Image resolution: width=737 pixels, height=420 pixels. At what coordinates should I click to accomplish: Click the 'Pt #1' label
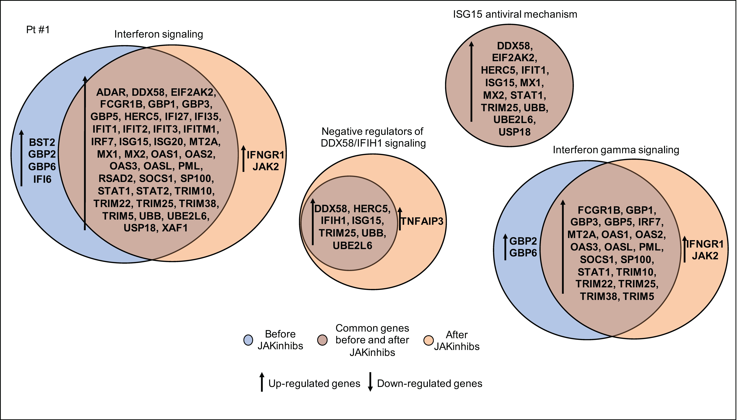pyautogui.click(x=38, y=30)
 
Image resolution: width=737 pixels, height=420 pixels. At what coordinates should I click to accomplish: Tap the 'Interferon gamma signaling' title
pyautogui.click(x=616, y=150)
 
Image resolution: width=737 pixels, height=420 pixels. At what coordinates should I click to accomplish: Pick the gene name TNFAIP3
pyautogui.click(x=422, y=221)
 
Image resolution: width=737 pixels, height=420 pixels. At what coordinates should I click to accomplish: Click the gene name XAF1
pyautogui.click(x=175, y=228)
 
